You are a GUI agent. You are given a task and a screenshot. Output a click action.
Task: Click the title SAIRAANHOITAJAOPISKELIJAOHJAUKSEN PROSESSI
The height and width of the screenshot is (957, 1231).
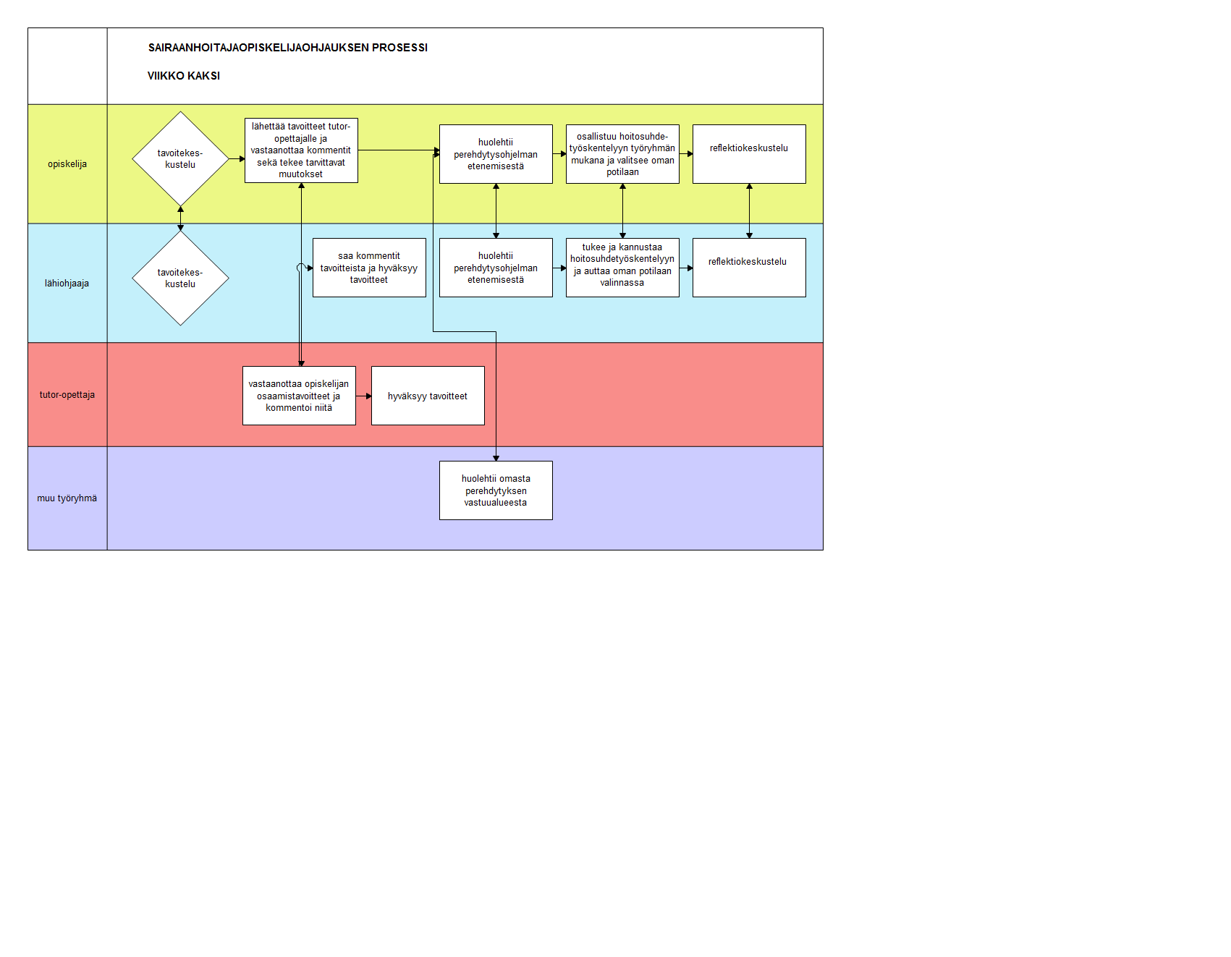288,48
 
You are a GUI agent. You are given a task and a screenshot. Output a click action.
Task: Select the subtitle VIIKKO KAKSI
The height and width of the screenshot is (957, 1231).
184,76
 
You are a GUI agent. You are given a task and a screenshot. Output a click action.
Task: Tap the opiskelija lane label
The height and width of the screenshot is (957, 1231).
67,164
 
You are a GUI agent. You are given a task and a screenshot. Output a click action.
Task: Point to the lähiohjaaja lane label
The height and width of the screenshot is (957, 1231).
67,284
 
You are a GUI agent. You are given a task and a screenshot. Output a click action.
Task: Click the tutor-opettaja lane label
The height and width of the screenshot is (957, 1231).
67,395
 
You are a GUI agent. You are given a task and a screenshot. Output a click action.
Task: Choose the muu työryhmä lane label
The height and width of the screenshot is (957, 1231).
67,498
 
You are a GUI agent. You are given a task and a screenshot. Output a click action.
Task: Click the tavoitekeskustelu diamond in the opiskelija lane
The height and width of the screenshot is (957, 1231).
180,158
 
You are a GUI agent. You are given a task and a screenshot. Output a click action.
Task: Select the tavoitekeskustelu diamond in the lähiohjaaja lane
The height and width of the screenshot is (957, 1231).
180,278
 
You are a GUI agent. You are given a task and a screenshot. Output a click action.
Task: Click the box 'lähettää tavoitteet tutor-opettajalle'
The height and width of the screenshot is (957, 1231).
301,150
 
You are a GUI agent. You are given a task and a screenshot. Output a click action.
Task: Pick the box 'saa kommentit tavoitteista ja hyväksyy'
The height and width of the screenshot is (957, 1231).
369,268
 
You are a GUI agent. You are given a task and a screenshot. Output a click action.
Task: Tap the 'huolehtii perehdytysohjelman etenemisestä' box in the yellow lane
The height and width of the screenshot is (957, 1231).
496,154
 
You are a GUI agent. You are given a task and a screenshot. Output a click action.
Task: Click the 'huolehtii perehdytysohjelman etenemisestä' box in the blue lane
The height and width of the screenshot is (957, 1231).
496,268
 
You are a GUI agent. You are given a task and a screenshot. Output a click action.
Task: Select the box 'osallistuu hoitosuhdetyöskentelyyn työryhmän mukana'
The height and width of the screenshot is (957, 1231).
622,154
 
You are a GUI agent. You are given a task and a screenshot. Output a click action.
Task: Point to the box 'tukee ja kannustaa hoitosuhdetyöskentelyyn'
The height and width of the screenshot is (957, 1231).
622,268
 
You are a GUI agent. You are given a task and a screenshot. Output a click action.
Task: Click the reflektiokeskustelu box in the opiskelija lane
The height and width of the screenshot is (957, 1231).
749,154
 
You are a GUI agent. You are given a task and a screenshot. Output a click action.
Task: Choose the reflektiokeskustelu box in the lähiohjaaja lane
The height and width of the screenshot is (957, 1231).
749,268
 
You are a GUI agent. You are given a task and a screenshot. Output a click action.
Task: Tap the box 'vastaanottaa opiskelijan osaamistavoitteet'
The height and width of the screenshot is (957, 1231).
299,396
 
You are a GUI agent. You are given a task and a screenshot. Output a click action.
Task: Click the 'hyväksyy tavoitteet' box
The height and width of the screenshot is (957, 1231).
428,396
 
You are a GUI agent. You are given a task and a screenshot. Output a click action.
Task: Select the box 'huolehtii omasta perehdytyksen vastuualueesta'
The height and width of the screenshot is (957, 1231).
496,490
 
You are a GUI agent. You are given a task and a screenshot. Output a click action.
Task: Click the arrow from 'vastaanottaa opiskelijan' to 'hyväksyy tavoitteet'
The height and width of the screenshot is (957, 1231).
364,396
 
